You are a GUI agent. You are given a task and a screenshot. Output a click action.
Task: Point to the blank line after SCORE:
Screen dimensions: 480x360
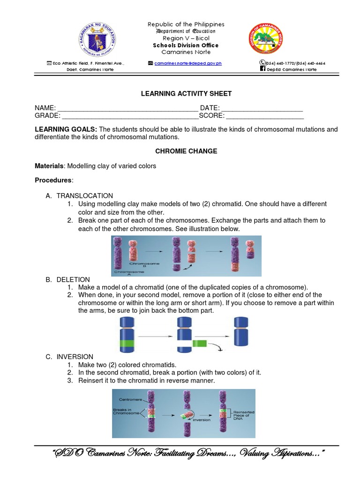[265, 116]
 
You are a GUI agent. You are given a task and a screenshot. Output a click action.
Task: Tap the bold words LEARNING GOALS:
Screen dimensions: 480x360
[66, 129]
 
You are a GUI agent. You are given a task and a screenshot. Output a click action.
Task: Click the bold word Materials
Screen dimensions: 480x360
[49, 166]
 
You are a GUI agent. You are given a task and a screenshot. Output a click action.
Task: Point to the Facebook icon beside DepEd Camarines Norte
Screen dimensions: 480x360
[262, 69]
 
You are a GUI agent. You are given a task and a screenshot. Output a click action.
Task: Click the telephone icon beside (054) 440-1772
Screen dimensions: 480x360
[262, 62]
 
